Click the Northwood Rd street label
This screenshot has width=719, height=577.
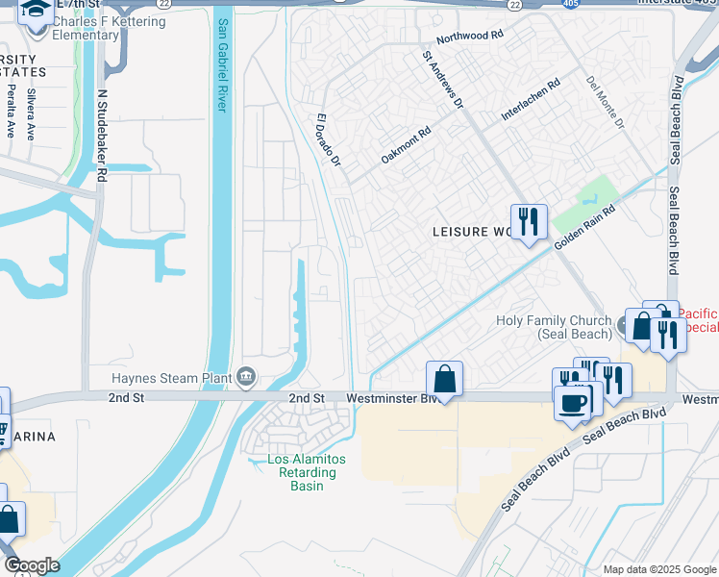pos(470,37)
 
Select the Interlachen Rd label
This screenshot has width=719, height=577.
pos(530,101)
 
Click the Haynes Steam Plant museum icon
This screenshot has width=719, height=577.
pos(246,375)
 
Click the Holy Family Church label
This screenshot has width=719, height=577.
pos(554,327)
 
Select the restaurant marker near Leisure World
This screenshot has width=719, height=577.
pos(528,223)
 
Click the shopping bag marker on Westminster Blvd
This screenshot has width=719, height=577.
pos(444,379)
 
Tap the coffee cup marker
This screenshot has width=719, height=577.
pos(575,402)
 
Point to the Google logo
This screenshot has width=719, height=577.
pos(32,565)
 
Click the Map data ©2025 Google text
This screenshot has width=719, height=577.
pos(659,569)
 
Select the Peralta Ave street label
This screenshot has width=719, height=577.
pos(11,110)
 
